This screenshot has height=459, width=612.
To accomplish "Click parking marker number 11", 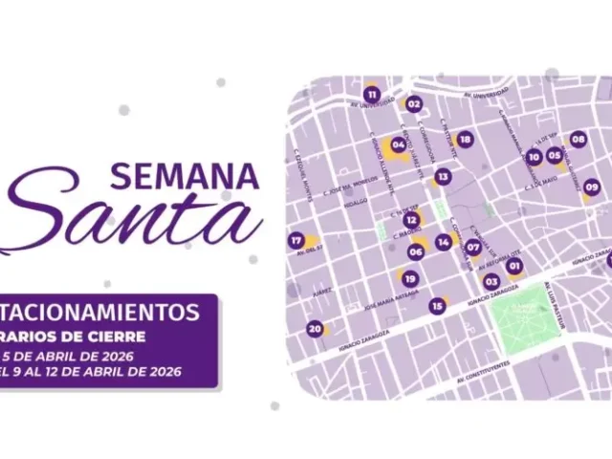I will pos(371,95).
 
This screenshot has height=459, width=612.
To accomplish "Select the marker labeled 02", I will pos(414,104).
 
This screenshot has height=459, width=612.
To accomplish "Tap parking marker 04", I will pos(399,145).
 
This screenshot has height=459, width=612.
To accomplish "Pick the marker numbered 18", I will pos(465,140).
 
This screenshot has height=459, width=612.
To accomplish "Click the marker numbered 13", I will pos(442,177).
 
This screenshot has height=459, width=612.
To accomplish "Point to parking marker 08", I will pos(578,140).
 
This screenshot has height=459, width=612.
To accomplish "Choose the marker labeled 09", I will pos(591,187).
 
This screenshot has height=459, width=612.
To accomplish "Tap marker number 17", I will pos(296,240).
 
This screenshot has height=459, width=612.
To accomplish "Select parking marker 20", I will pos(314,329).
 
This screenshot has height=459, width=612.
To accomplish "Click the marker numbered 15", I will pos(437,306).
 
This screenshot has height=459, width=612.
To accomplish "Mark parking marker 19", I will pos(409,279).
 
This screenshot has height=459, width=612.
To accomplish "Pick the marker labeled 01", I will pos(514,266).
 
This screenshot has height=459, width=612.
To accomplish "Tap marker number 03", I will pos(492,281).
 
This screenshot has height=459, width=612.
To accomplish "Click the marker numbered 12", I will pos(411,220).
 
